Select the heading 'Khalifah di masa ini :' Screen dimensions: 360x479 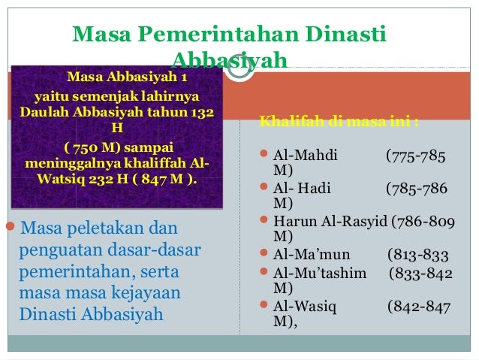[x=338, y=122]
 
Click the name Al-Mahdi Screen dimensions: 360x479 [x=305, y=156]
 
